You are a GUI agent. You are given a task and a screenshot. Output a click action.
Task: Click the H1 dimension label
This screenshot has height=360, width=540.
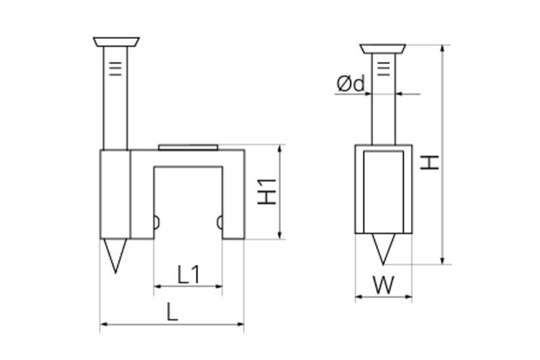point(267,192)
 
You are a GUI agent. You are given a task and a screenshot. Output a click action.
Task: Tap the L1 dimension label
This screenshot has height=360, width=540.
point(189,274)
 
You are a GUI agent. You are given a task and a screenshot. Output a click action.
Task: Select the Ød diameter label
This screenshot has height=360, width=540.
point(351,84)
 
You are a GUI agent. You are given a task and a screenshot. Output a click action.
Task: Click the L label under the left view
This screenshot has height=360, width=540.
point(172,312)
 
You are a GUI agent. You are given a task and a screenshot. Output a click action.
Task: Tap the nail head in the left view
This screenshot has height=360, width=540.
point(117,42)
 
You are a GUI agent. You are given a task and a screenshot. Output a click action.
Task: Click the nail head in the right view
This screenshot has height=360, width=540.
point(383,49)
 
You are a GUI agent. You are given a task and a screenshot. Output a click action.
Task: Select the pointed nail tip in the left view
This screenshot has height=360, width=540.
point(115,256)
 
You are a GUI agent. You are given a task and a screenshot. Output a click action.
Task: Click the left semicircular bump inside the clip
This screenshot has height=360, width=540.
point(156,222)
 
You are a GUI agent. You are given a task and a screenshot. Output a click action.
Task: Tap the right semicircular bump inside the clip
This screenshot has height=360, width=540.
point(220,222)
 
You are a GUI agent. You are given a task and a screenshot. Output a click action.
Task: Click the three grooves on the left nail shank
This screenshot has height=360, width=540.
point(115,69)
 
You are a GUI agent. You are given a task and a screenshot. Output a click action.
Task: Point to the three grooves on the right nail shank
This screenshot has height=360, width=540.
point(384,69)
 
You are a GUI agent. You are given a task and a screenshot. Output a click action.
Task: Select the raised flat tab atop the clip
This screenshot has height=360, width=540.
point(188,147)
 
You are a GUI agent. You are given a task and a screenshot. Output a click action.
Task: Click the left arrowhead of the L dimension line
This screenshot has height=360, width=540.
point(103,324)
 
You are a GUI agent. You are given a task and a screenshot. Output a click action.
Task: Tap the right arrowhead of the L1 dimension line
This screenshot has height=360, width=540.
point(219,286)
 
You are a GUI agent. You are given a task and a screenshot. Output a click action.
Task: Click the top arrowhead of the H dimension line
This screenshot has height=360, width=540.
point(444,48)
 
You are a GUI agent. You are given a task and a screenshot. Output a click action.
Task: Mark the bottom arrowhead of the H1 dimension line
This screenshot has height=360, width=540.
point(280,235)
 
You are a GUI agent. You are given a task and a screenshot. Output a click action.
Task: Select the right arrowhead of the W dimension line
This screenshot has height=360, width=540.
point(408,296)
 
